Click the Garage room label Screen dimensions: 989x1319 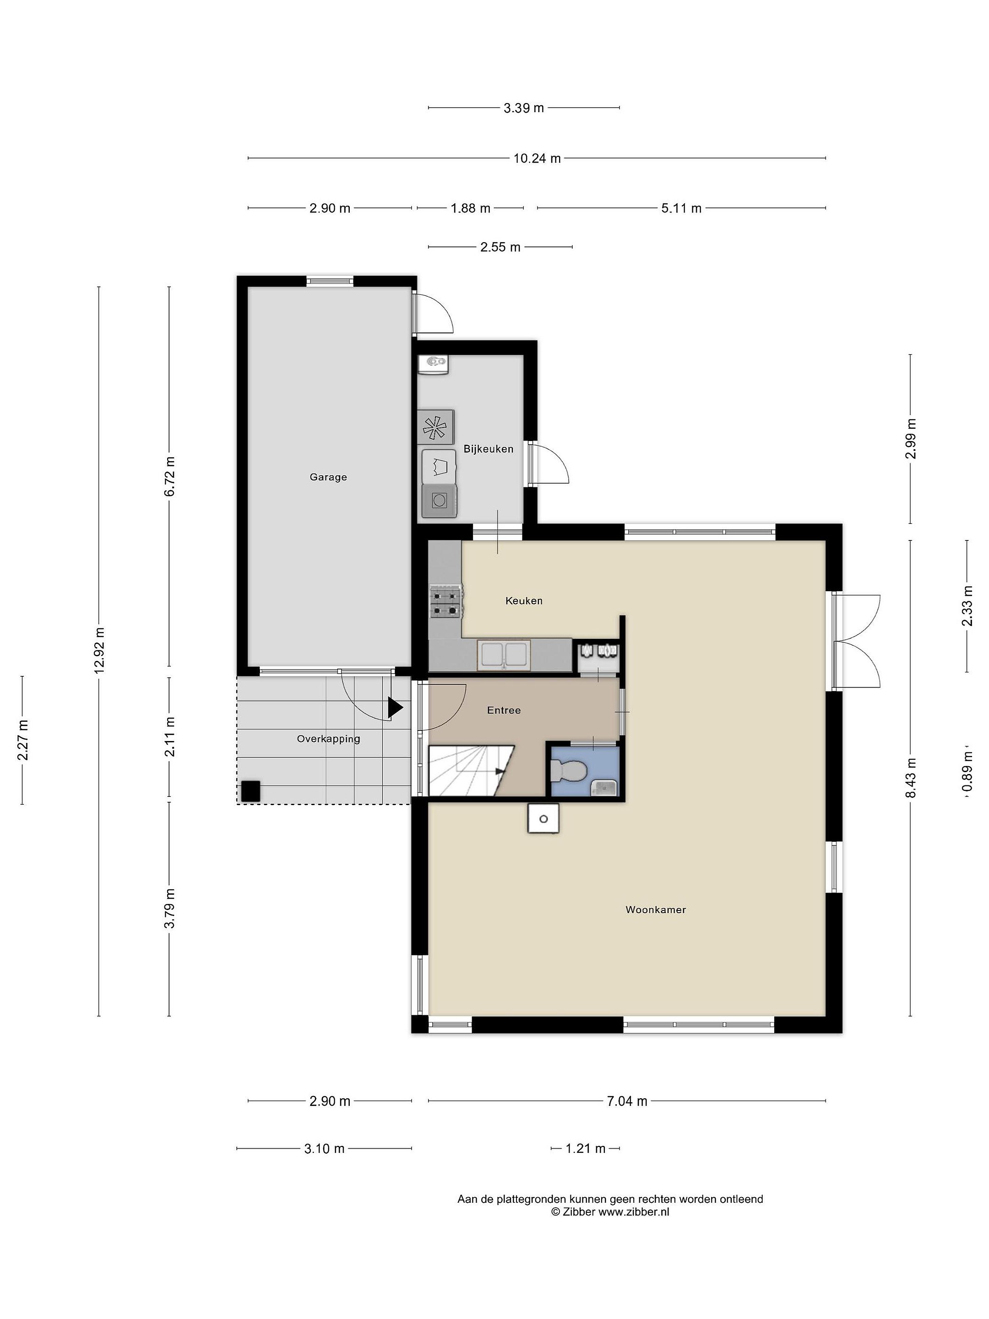pos(328,477)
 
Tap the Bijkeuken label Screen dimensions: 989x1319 pos(488,449)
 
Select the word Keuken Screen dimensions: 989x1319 pos(524,600)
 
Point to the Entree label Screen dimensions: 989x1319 pos(504,710)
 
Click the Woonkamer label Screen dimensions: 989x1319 pos(656,910)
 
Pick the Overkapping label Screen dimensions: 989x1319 pos(328,739)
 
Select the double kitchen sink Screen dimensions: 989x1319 pos(504,654)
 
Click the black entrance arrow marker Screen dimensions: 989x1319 pos(395,708)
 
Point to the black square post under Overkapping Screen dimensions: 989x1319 pos(250,791)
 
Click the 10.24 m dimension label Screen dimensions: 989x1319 pos(537,158)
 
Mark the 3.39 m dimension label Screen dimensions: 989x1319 pos(524,108)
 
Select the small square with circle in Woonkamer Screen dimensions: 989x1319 pos(543,818)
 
